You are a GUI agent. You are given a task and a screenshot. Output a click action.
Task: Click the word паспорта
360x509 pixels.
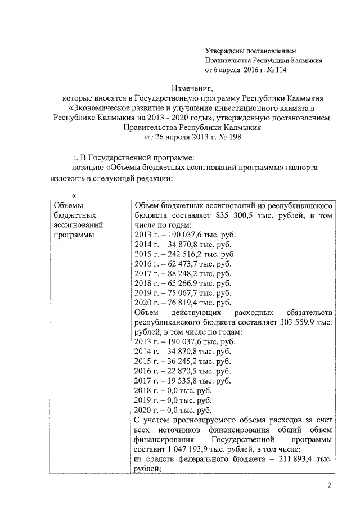coord(304,168)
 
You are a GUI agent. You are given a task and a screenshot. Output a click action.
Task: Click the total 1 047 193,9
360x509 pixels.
coord(190,448)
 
